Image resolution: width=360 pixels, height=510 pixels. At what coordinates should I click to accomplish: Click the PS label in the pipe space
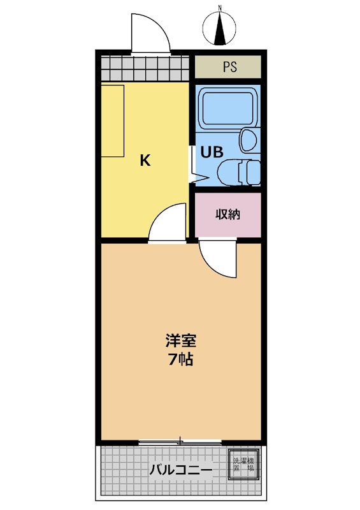point(229,67)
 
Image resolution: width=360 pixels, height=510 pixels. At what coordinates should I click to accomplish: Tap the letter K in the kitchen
point(145,160)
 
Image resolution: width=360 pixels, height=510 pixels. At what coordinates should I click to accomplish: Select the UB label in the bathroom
point(212,152)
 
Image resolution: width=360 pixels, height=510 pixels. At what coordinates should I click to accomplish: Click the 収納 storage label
point(227,214)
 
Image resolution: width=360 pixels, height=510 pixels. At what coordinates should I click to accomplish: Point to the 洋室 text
point(180,340)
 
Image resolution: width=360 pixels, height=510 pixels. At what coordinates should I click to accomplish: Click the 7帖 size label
point(180,359)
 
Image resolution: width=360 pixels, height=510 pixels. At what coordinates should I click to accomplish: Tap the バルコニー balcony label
point(181,470)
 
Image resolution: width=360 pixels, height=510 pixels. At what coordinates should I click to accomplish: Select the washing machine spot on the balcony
point(244,464)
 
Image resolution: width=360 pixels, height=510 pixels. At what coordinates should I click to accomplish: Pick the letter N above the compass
point(220,7)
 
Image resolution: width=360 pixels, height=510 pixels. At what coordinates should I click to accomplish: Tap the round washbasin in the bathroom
point(248,140)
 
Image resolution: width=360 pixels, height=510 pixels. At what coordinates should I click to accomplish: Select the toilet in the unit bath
point(239,172)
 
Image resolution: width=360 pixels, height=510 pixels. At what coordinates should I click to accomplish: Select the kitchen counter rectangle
point(113,121)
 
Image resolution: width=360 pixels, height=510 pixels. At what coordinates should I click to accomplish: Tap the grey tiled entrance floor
point(145,68)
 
